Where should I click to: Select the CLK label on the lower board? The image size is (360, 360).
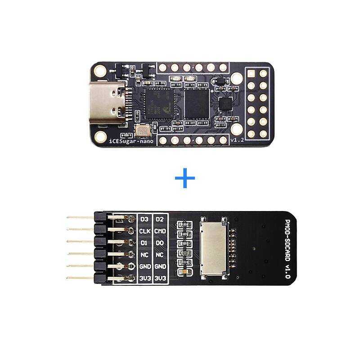point(144,231)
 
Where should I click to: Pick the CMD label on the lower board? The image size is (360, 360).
point(160,231)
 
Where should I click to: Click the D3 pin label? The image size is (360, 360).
point(144,219)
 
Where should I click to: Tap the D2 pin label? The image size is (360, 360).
point(160,219)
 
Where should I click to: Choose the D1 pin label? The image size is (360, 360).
point(144,243)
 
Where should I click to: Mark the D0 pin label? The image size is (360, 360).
point(160,243)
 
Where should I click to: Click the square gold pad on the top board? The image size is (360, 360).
point(251,73)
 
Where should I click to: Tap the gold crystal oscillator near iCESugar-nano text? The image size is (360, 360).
point(142,131)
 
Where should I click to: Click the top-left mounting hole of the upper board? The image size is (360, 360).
point(101,71)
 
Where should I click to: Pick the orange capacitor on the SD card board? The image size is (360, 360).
point(184,273)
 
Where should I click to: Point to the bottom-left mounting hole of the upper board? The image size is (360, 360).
point(101,136)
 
